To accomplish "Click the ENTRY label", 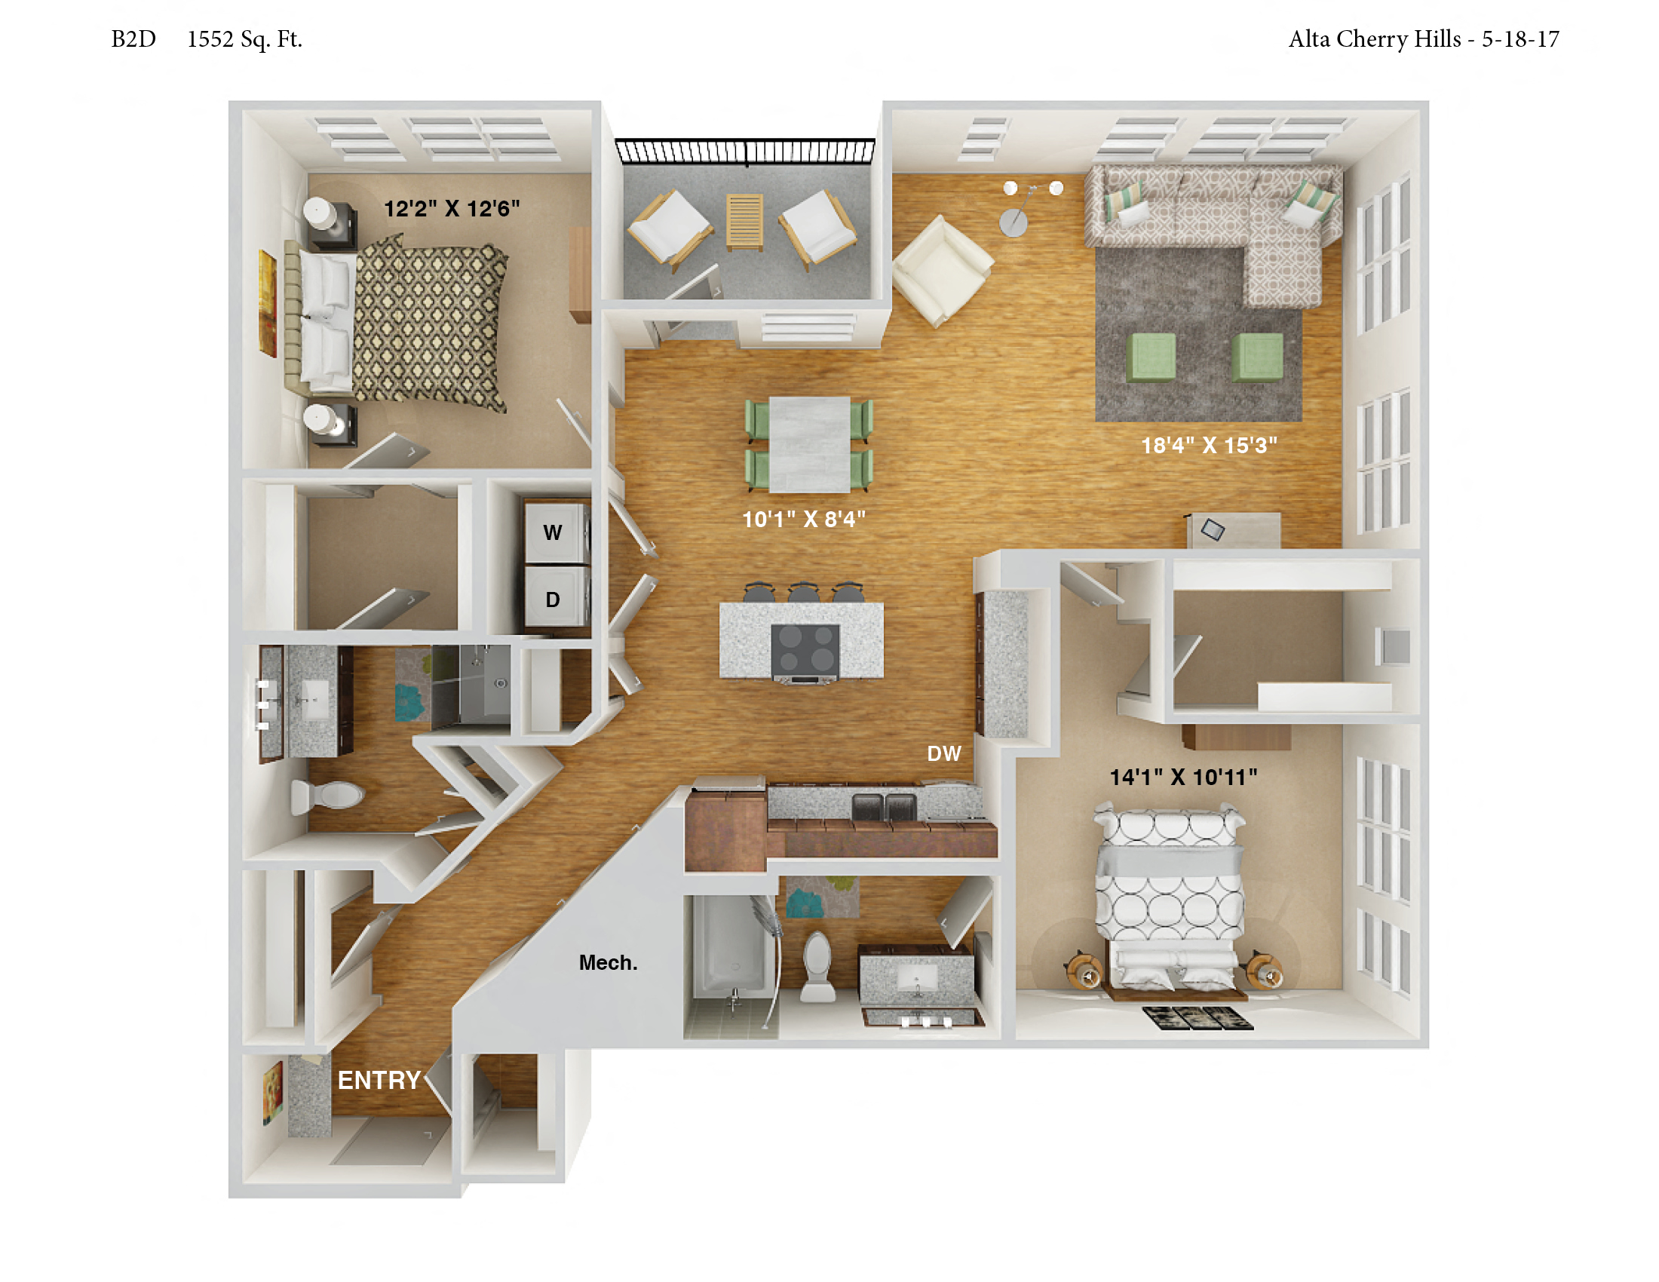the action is point(379,1080).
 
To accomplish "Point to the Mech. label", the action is point(608,962).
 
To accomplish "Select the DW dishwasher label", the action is point(943,753).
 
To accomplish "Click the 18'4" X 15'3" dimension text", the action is point(1209,445).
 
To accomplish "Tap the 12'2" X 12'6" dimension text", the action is point(451,208).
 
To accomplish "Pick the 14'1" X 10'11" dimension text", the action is point(1182,777).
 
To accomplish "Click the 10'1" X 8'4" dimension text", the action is point(804,519).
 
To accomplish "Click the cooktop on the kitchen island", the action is point(805,650).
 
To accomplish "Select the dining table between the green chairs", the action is point(809,444).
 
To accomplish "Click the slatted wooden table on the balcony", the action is point(744,221).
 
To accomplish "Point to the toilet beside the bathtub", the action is point(818,967).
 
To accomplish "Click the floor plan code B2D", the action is point(133,38).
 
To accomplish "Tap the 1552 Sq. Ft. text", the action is point(244,39).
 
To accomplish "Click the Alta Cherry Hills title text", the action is point(1374,39).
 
